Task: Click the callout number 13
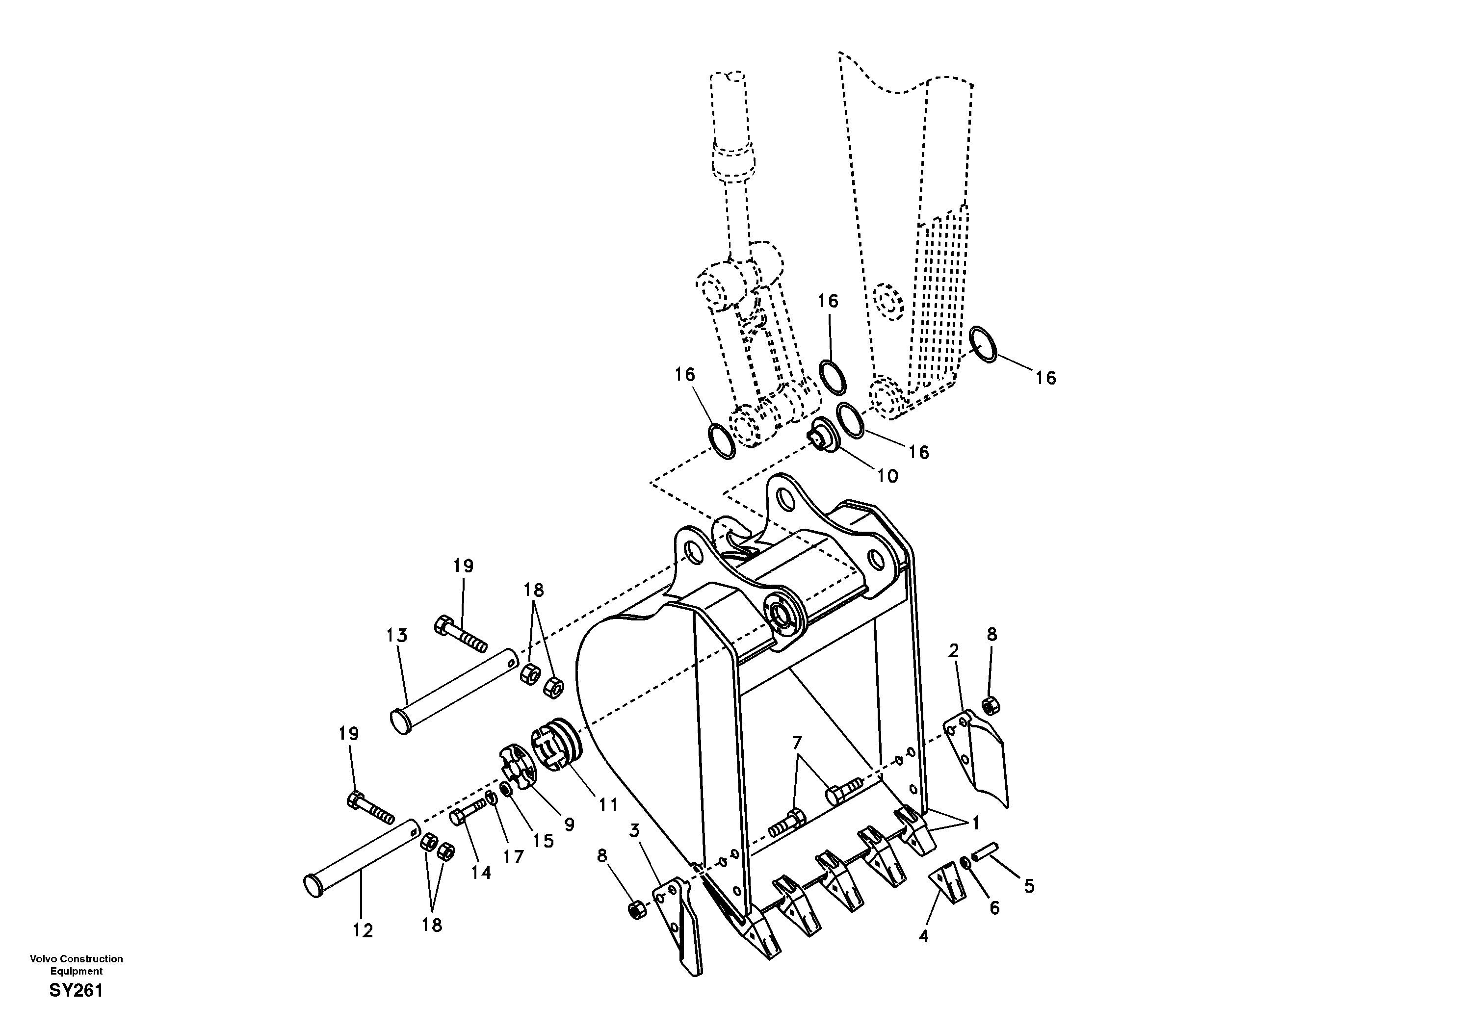pyautogui.click(x=397, y=635)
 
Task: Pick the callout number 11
pyautogui.click(x=607, y=805)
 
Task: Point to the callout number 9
pyautogui.click(x=569, y=824)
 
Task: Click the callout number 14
pyautogui.click(x=481, y=873)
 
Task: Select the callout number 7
pyautogui.click(x=797, y=742)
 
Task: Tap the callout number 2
pyautogui.click(x=953, y=650)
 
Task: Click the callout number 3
pyautogui.click(x=635, y=830)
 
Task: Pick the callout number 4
pyautogui.click(x=923, y=936)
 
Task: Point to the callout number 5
pyautogui.click(x=1029, y=886)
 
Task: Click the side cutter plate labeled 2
pyautogui.click(x=976, y=757)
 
